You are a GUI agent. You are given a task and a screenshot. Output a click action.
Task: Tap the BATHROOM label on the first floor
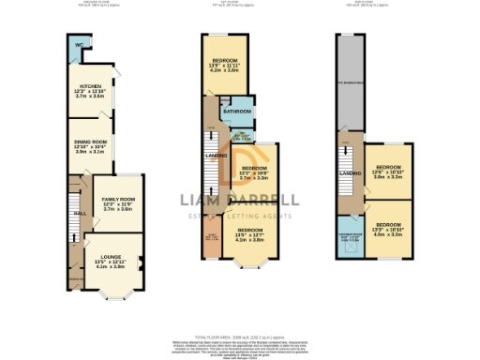[237, 112]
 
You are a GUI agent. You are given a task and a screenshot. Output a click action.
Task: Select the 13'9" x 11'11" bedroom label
[224, 65]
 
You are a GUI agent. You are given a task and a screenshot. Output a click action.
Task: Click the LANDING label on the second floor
[351, 173]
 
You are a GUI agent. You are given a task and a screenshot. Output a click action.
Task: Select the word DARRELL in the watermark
[265, 200]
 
